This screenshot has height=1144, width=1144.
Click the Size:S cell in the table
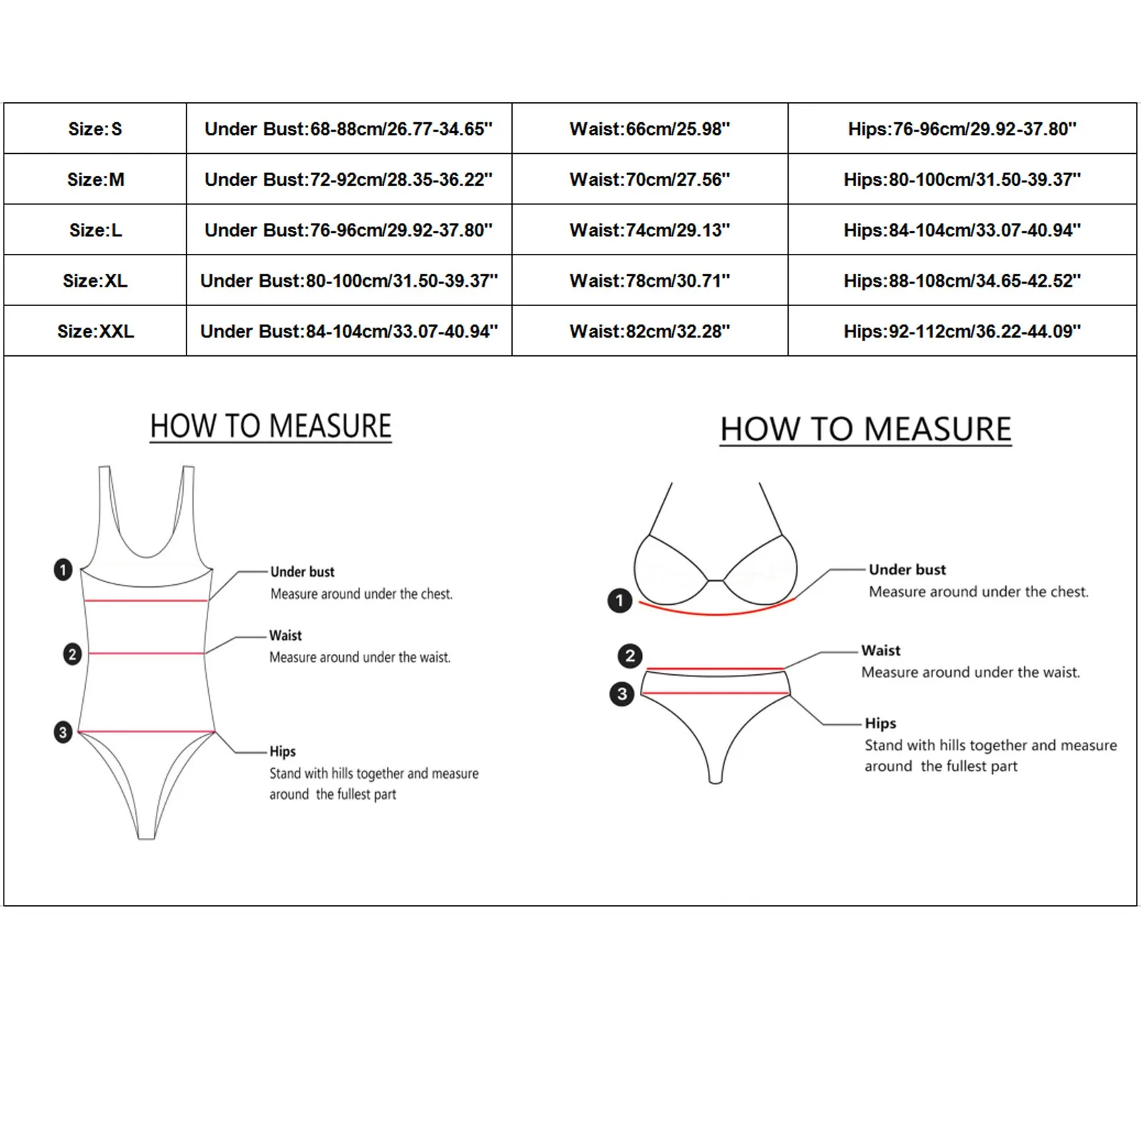pos(95,129)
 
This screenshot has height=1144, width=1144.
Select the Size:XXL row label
pos(95,332)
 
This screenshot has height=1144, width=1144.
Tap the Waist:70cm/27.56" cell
pos(649,180)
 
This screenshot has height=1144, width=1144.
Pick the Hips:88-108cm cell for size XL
pos(962,281)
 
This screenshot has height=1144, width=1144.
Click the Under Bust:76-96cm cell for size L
pos(348,231)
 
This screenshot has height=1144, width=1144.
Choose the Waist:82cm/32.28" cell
pos(649,332)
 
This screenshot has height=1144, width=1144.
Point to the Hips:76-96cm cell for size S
pos(962,129)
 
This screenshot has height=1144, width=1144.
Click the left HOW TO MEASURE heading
pos(270,427)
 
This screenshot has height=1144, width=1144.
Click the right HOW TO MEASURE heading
pos(865,430)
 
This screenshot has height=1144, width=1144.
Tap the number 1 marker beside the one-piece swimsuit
pos(63,570)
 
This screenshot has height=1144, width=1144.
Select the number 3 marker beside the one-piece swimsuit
pos(63,732)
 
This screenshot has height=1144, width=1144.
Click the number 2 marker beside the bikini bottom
pos(630,656)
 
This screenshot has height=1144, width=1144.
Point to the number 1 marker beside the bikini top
pos(620,601)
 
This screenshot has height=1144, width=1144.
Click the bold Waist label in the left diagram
pos(285,636)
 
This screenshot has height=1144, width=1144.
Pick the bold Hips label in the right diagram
pos(880,724)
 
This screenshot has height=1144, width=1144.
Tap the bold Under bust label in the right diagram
pos(907,570)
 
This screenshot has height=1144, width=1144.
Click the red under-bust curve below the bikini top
pos(716,613)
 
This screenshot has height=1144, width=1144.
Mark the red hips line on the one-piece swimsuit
pos(147,731)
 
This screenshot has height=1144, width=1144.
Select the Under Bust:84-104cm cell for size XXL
pos(348,332)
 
